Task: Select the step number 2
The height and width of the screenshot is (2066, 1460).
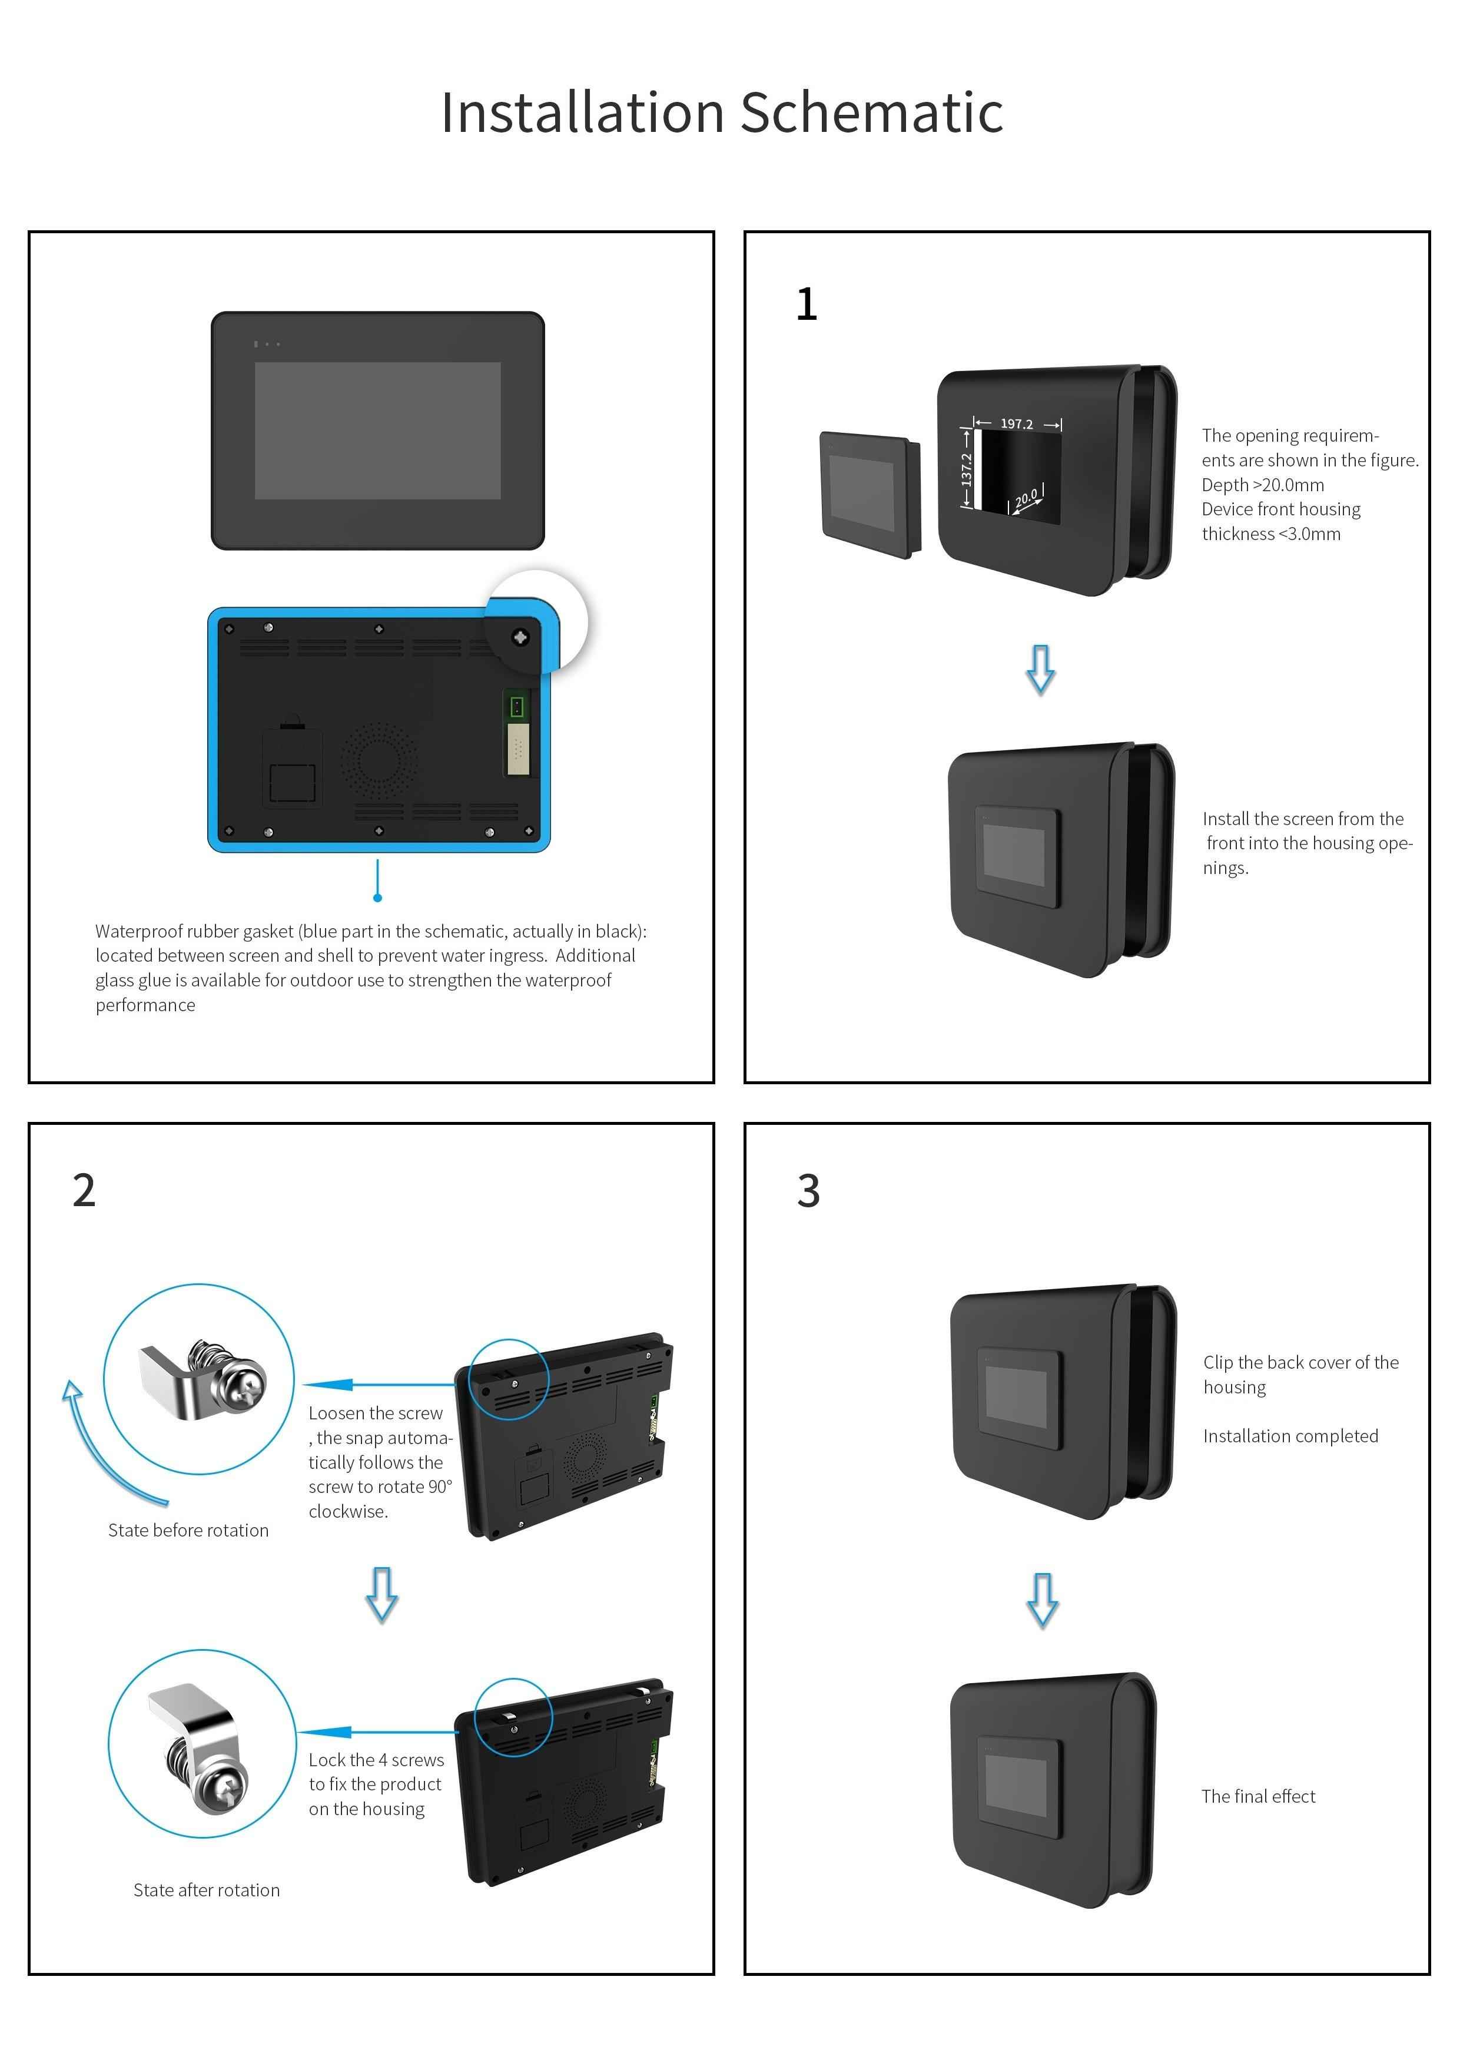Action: [84, 1190]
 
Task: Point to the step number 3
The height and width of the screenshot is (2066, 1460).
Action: [808, 1190]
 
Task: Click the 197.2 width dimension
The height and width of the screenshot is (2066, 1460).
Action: [1017, 424]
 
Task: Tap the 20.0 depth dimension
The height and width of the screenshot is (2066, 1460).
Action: [1026, 498]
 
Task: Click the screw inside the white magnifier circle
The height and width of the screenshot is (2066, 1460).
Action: [520, 637]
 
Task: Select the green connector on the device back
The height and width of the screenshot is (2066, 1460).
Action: [516, 706]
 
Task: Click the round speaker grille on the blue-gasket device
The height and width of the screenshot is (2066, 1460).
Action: [379, 760]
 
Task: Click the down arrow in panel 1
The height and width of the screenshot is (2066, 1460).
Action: [1041, 668]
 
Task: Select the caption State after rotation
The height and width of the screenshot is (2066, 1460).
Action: [206, 1890]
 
